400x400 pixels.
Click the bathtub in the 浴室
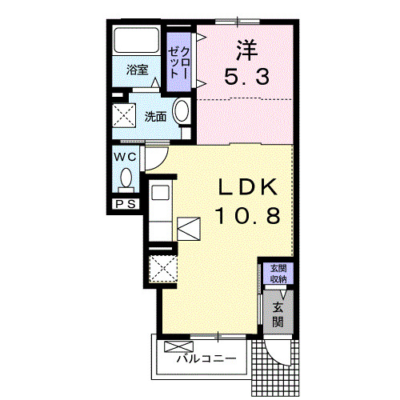(x=137, y=40)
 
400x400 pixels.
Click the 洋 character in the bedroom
(x=244, y=50)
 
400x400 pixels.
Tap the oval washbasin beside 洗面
(x=182, y=113)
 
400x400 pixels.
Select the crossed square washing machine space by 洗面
(x=125, y=116)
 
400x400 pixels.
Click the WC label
(x=125, y=157)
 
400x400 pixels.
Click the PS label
(x=125, y=204)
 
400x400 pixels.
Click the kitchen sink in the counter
(x=159, y=194)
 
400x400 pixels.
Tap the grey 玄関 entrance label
(x=278, y=314)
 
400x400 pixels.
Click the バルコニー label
(x=206, y=358)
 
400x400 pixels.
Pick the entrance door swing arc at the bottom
(x=281, y=352)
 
